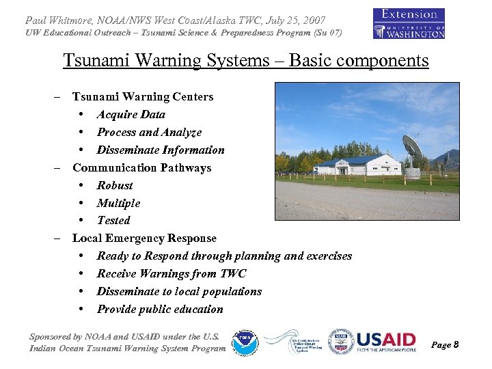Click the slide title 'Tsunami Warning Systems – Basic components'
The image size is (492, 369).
(246, 61)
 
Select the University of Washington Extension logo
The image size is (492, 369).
(409, 23)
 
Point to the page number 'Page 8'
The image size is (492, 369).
(445, 345)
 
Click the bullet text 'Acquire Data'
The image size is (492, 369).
(131, 114)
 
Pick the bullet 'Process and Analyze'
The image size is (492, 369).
(149, 132)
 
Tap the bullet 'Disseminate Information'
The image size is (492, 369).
(161, 150)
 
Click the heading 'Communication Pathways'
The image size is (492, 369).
(141, 167)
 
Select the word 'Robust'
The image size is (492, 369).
(115, 185)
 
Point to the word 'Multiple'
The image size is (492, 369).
(118, 203)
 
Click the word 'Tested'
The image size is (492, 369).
(113, 220)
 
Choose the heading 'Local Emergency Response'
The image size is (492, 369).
(144, 238)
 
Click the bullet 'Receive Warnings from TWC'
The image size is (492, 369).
(172, 273)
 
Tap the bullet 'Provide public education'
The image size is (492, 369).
(160, 309)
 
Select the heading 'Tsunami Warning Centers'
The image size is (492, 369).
(143, 96)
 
